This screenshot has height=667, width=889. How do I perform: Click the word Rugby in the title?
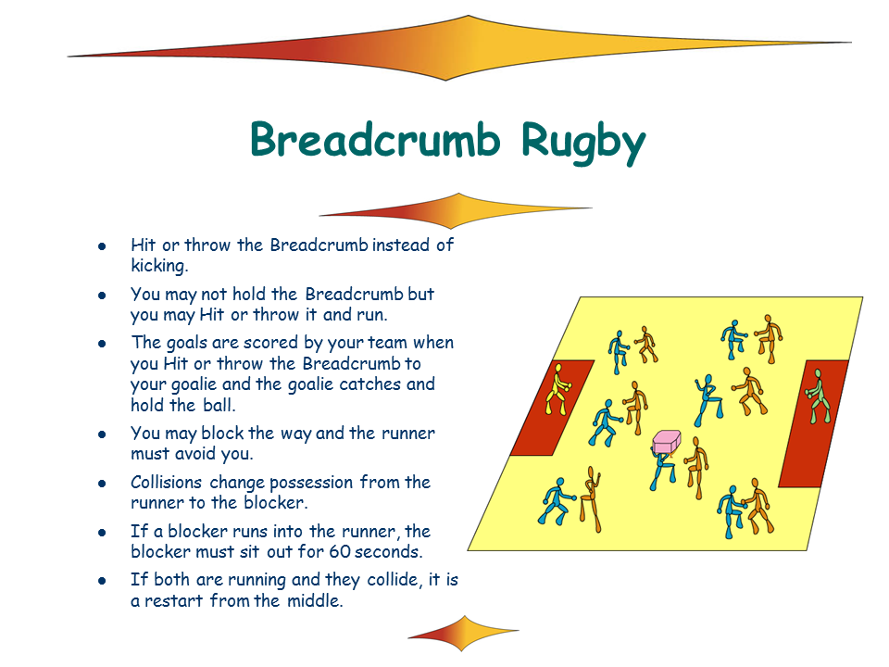582,142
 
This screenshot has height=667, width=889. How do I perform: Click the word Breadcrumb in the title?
375,141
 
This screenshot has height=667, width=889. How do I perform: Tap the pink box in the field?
668,442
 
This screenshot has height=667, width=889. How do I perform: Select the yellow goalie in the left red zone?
557,388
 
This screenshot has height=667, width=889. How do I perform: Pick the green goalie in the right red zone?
816,396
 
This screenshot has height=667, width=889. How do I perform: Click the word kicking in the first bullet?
159,265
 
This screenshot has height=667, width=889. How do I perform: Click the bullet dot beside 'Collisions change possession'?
103,484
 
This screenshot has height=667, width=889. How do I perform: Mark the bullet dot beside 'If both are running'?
103,581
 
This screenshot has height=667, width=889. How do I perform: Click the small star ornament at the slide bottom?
463,633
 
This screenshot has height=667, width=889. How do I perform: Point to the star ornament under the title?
457,210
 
